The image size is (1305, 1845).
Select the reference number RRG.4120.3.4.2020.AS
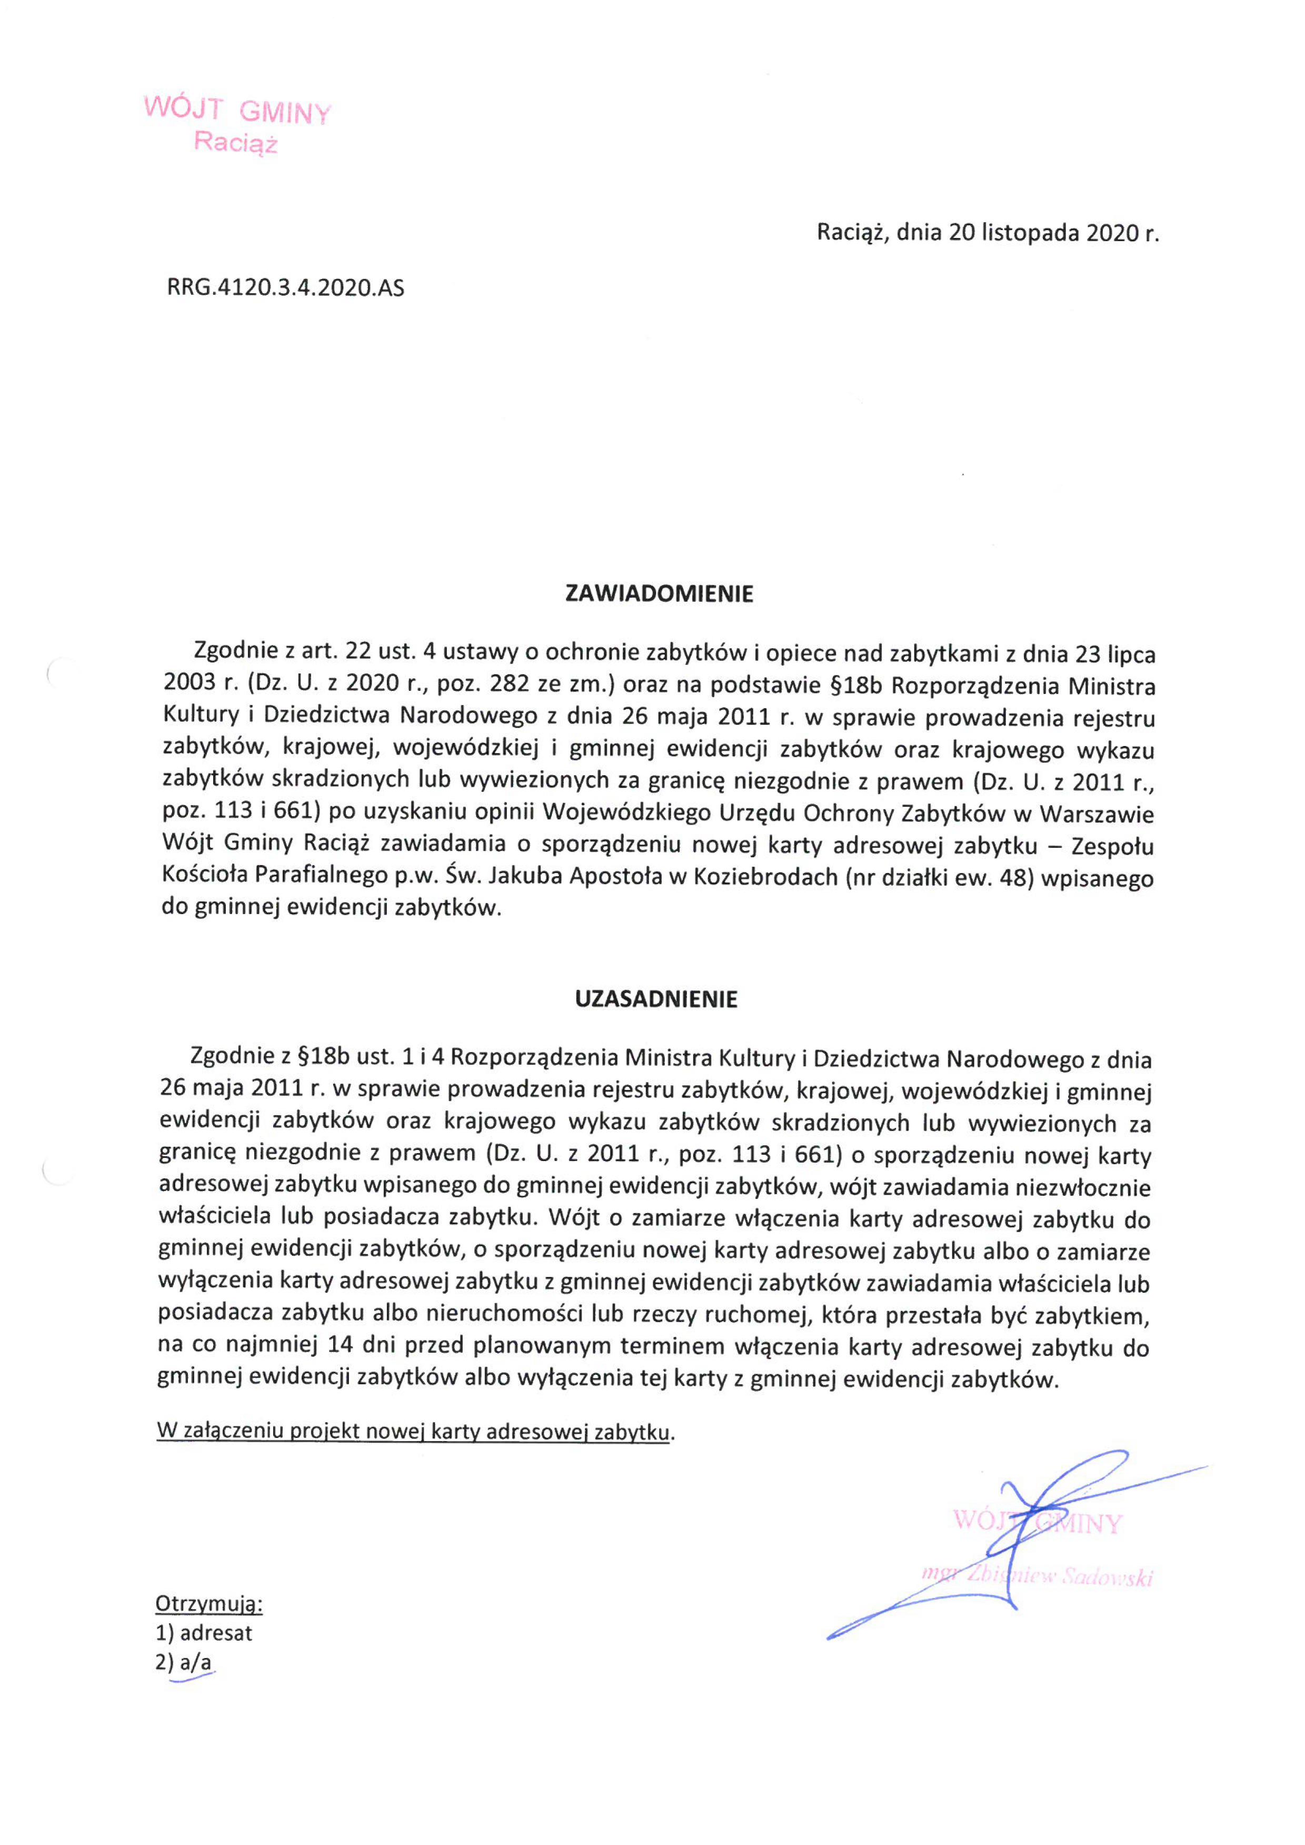[285, 287]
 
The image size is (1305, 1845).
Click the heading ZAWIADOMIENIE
[659, 594]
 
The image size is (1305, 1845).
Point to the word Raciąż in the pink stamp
[235, 144]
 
